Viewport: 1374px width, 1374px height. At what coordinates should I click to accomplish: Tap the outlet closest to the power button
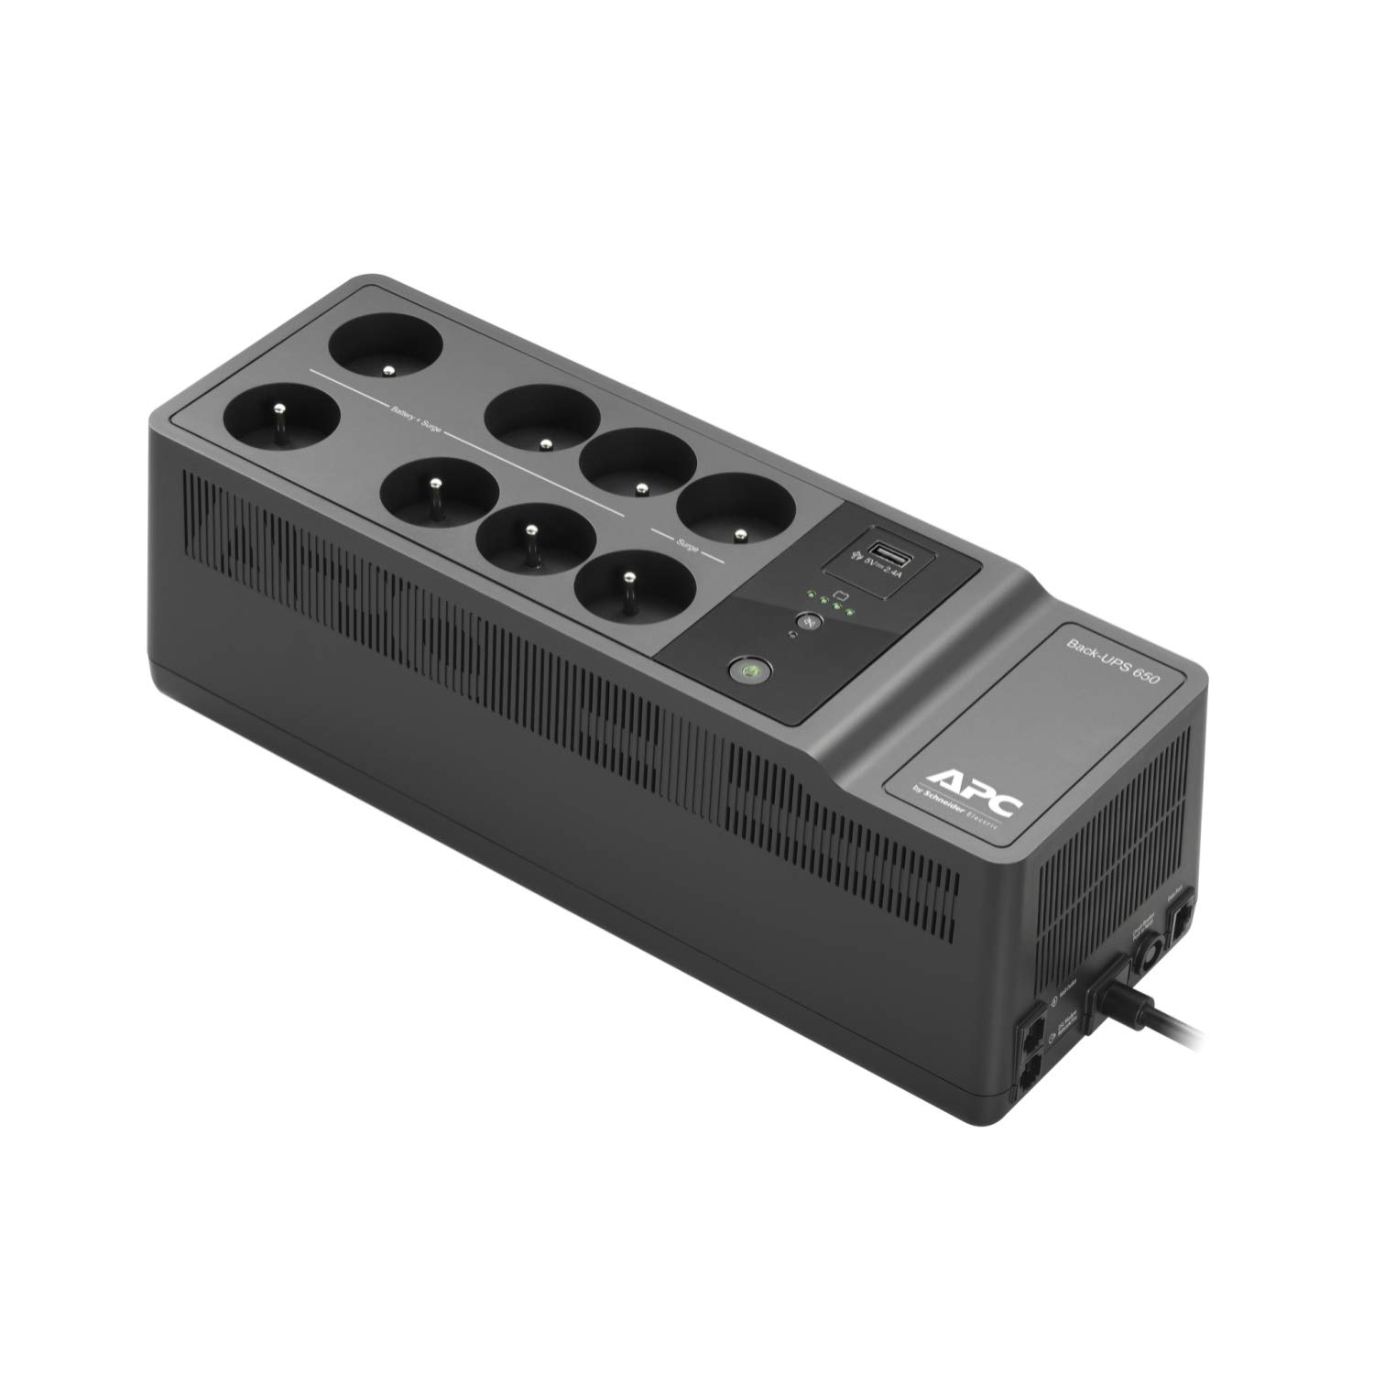coord(627,583)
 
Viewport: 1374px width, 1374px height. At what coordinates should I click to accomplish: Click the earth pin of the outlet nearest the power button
coord(628,577)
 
